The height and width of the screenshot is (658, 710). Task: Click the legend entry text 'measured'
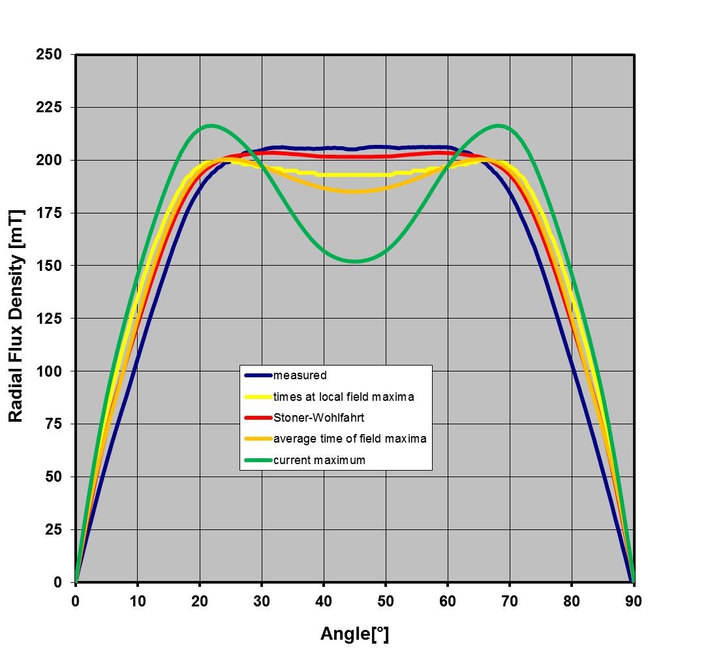(x=300, y=375)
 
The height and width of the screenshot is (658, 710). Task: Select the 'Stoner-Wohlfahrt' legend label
(x=318, y=418)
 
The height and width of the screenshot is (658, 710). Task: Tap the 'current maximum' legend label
(x=319, y=460)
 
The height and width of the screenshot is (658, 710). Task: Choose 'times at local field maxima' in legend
(x=344, y=397)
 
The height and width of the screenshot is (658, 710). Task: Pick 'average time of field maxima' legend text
(x=350, y=439)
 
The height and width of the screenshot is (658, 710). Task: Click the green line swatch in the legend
(x=258, y=460)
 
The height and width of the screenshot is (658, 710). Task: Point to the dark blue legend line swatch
(x=258, y=375)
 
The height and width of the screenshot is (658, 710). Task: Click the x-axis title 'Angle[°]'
(x=354, y=633)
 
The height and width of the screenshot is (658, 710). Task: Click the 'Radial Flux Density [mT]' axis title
(x=16, y=316)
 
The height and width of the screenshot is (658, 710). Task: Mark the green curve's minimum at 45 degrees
(x=355, y=261)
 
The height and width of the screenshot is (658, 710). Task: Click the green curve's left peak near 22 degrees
(x=211, y=125)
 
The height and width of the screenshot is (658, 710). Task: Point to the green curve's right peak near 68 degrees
(x=499, y=125)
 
